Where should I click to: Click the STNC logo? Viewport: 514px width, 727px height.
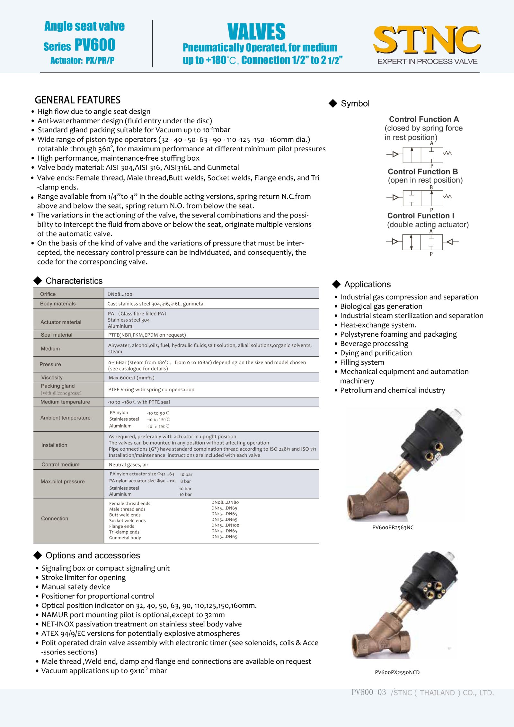(427, 40)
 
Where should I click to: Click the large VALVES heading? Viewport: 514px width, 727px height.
(256, 31)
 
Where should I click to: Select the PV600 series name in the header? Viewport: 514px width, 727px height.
(95, 45)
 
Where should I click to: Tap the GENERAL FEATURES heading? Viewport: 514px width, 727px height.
(77, 100)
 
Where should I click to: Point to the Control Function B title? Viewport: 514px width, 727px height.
(423, 172)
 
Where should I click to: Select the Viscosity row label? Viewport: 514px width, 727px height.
(52, 377)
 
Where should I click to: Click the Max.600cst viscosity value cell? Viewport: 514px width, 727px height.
(131, 378)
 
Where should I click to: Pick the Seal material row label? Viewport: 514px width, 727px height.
(57, 335)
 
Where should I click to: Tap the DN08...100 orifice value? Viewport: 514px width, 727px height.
(120, 294)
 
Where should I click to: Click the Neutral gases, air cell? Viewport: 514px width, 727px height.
(128, 465)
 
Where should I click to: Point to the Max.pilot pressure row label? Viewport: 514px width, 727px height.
(63, 482)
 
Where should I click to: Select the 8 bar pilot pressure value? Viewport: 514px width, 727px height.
(185, 482)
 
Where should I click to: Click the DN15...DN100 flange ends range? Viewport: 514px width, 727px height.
(225, 525)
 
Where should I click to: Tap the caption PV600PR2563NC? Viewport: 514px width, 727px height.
(393, 528)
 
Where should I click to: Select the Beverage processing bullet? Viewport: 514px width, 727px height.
(374, 344)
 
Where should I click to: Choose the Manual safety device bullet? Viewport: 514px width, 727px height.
(76, 587)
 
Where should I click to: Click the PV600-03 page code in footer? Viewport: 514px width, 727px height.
(368, 692)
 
